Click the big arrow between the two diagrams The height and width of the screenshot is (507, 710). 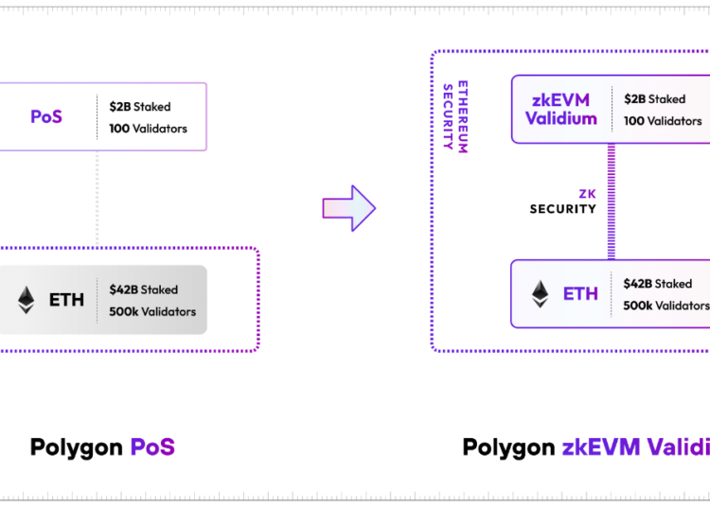tap(348, 208)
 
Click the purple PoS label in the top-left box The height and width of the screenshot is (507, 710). tap(45, 117)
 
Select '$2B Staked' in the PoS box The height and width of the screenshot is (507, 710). tap(139, 107)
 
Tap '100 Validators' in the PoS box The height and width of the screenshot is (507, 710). tap(148, 129)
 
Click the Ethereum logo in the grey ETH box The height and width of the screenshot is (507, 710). tap(26, 300)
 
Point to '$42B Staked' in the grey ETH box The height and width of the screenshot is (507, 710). tap(143, 289)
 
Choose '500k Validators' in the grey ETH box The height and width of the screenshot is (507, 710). tap(152, 311)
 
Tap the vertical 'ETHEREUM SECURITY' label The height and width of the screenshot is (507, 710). tap(455, 117)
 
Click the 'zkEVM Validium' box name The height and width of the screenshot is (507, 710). tap(562, 109)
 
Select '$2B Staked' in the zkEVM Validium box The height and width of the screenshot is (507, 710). tap(654, 98)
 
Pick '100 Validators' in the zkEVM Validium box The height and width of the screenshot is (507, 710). tap(663, 121)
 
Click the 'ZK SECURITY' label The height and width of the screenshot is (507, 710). tap(562, 201)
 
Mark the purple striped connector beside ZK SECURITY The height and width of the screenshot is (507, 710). tap(612, 201)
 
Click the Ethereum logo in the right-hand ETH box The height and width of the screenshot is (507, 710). tap(541, 293)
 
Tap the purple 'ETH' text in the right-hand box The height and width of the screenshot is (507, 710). tap(580, 293)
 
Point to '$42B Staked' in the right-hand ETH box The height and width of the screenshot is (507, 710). tap(658, 283)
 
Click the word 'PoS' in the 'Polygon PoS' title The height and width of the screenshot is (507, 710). tap(151, 446)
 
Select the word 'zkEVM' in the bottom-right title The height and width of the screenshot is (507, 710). tap(601, 446)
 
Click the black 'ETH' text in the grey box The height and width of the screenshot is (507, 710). tap(66, 300)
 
